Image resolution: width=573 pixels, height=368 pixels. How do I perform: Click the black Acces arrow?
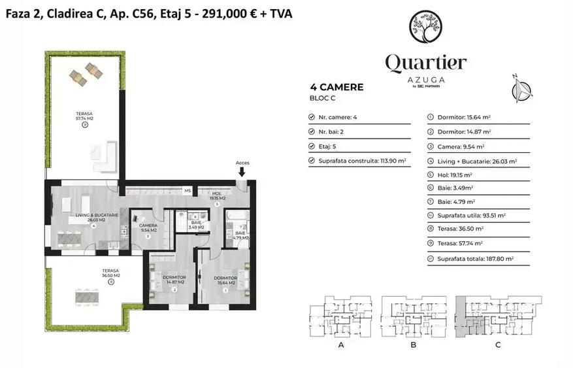click(242, 172)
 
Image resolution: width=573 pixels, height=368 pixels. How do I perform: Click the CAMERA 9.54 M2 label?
click(148, 228)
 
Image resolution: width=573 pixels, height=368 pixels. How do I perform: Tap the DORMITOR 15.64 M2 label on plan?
click(226, 280)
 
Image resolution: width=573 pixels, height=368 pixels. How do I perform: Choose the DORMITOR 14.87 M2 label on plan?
click(174, 280)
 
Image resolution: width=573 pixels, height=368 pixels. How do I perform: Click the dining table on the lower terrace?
click(89, 297)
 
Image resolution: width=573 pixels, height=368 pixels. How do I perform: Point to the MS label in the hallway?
click(187, 191)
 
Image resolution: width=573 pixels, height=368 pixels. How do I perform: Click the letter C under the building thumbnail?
click(498, 345)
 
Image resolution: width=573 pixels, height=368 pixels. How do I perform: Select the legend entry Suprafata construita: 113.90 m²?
click(362, 160)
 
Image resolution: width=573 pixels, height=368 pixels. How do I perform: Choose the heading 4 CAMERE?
click(337, 87)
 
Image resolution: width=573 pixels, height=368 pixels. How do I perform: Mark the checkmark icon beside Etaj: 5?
click(312, 146)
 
